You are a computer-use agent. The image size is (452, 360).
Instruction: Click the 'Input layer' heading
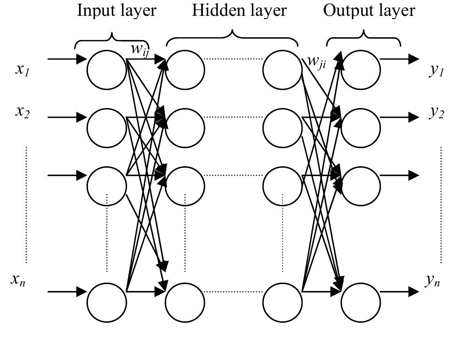point(117,11)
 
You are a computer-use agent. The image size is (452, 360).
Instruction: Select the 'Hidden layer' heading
point(239,11)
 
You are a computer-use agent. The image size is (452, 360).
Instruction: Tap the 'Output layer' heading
point(369,11)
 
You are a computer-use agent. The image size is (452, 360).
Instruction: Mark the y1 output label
point(436,70)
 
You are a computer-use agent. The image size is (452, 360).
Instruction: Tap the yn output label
point(432,280)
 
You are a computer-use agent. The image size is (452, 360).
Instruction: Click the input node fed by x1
point(107,70)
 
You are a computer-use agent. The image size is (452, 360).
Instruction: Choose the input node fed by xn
point(107,302)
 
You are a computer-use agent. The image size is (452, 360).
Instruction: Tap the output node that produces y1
point(361,70)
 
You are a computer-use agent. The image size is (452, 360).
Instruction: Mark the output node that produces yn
point(361,302)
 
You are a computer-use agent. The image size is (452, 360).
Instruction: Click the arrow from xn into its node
point(67,292)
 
